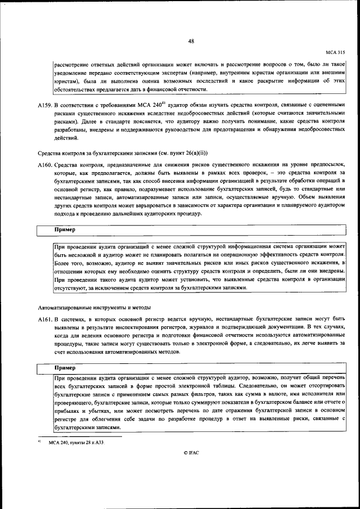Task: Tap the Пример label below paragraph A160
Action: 64,230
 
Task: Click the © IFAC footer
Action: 191,452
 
